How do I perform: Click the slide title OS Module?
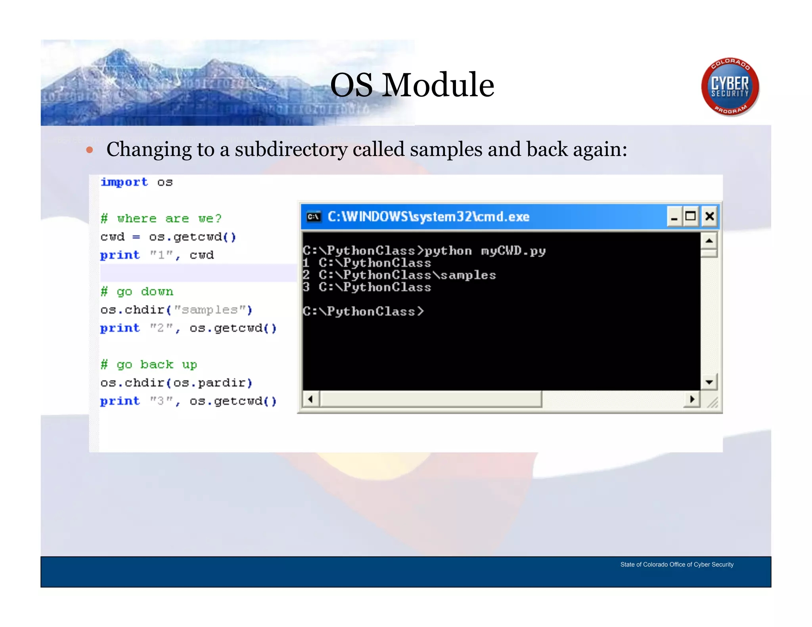click(412, 85)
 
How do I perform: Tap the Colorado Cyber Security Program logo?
click(730, 86)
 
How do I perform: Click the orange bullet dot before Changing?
click(90, 150)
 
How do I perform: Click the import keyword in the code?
click(124, 182)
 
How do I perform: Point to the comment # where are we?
click(161, 218)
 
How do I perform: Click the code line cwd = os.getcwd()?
click(168, 237)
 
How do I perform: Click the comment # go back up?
click(149, 365)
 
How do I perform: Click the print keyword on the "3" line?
click(120, 401)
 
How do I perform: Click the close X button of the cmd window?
click(709, 216)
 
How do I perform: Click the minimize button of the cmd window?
click(674, 216)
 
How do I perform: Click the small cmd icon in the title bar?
click(314, 217)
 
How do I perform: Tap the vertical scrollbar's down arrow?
click(709, 382)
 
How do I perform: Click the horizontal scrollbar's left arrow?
click(311, 399)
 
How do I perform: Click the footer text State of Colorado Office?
click(676, 564)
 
